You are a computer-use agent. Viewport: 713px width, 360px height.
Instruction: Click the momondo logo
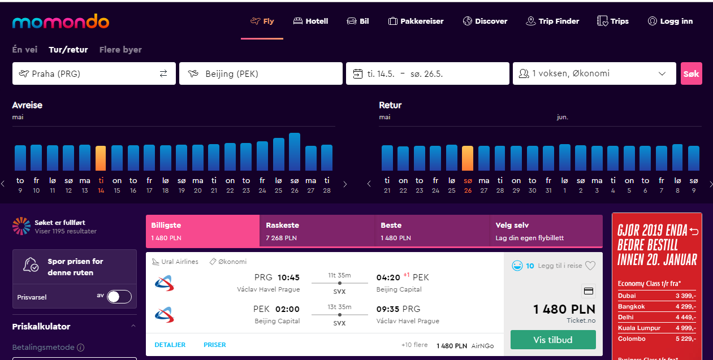[61, 21]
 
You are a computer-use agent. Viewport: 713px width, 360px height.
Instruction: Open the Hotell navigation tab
[310, 21]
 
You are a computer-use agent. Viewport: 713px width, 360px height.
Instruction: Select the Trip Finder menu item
[552, 21]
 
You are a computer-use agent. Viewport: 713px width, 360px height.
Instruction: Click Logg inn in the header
[670, 21]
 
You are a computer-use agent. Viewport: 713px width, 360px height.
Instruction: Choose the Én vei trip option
[25, 50]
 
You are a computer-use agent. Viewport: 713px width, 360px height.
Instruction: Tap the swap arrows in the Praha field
[163, 74]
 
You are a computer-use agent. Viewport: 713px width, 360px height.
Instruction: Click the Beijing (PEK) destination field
[261, 73]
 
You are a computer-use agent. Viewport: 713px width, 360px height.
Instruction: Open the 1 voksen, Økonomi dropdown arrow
[662, 74]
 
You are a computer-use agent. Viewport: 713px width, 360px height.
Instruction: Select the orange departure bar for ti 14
[101, 158]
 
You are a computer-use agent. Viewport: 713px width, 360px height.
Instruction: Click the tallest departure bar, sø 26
[295, 151]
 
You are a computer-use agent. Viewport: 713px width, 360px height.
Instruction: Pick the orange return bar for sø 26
[467, 158]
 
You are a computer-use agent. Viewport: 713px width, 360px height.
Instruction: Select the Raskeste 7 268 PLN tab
[317, 231]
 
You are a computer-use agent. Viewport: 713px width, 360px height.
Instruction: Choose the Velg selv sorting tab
[546, 231]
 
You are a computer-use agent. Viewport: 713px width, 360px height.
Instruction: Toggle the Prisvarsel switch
[119, 297]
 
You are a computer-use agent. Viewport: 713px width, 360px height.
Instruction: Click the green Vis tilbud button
[553, 340]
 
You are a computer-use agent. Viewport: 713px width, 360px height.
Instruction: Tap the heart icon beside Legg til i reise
[590, 266]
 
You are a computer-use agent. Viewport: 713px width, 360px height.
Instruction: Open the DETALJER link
[170, 345]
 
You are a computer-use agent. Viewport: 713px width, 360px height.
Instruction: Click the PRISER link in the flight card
[215, 345]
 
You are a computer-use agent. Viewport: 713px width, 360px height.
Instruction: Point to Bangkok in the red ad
[631, 306]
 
